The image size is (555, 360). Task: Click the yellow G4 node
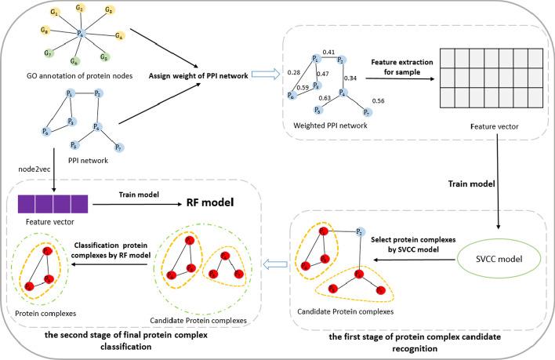[119, 35]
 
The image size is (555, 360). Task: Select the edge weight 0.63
[324, 99]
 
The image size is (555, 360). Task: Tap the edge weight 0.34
[350, 78]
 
